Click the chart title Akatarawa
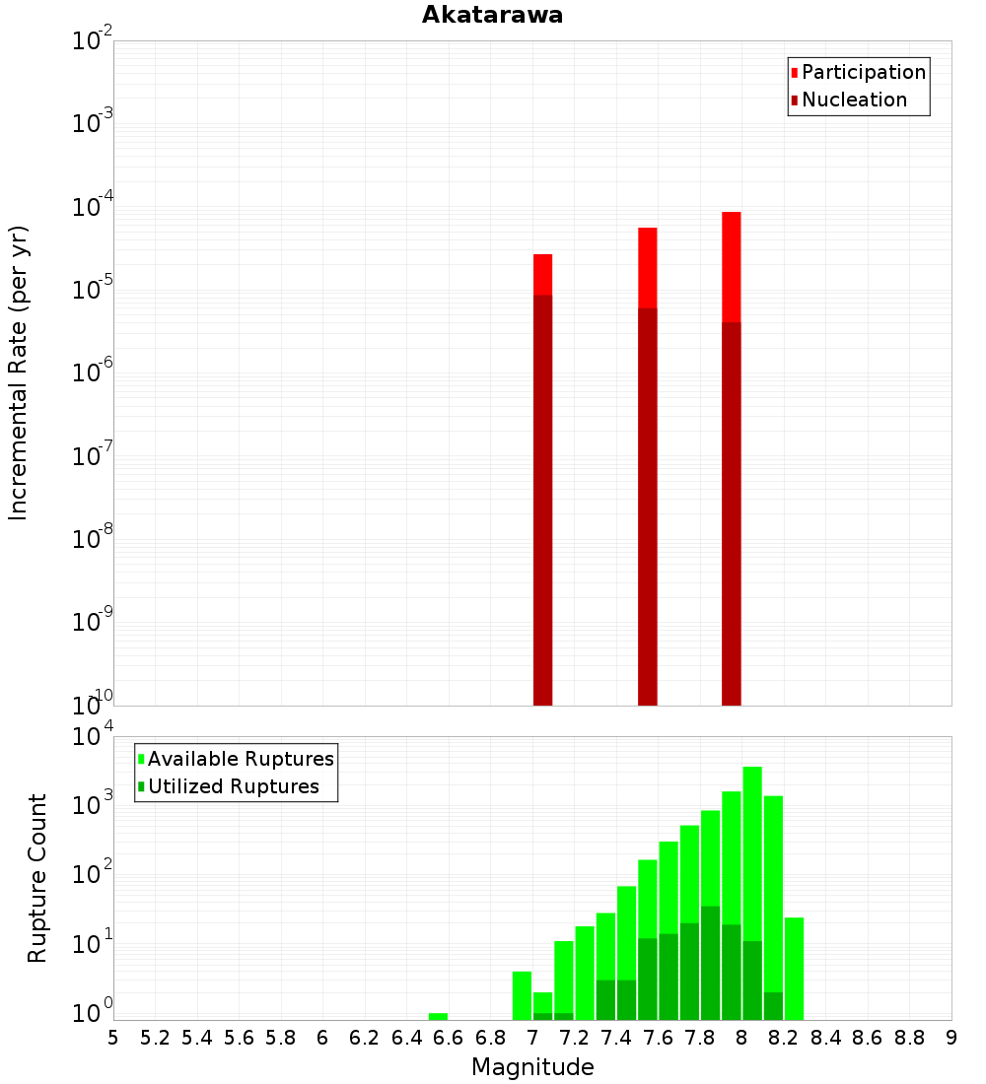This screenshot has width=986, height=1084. (x=492, y=15)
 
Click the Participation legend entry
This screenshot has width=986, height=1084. (x=863, y=73)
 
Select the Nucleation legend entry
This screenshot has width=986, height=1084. (x=853, y=101)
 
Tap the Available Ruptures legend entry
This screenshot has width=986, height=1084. (x=240, y=759)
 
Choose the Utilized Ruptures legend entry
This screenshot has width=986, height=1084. (x=233, y=786)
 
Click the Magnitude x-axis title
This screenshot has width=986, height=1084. (x=532, y=1067)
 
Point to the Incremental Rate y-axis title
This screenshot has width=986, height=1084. (x=19, y=373)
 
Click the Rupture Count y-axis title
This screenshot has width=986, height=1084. (x=37, y=877)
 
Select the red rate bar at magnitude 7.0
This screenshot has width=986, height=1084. (x=542, y=275)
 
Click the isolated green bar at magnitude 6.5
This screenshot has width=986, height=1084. (x=438, y=1016)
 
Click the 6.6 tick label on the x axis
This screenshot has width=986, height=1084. (x=449, y=1038)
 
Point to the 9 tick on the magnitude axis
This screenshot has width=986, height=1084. (x=951, y=1038)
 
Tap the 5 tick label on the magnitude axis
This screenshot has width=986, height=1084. (x=113, y=1038)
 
